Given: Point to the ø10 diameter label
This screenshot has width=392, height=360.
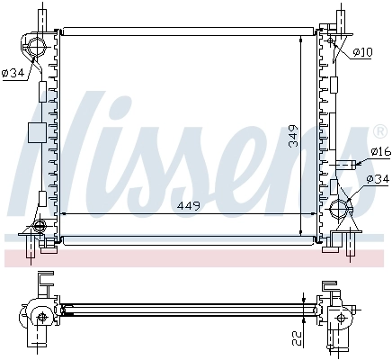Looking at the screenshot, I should pos(361,52).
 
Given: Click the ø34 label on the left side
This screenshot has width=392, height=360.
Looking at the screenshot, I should pos(13,73).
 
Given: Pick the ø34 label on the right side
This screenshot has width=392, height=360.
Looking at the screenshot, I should pos(378,180).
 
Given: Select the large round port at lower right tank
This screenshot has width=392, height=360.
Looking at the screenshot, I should pos(341,211).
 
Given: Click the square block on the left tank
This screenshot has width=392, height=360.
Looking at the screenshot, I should pos(37,132).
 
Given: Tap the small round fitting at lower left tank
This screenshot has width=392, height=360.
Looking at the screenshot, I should pos(40,226).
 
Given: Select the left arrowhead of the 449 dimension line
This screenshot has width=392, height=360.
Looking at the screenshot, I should pos(61,214).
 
